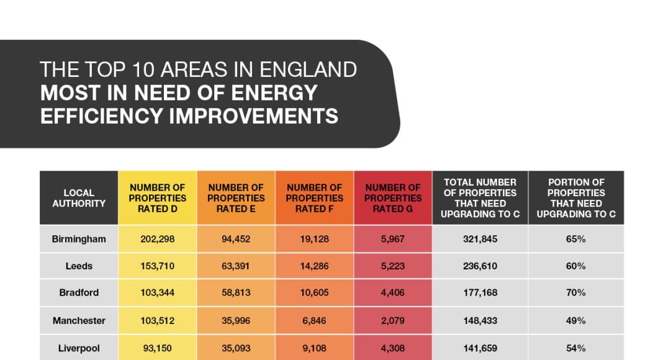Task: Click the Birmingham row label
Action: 79,239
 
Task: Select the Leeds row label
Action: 79,266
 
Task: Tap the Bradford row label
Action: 79,292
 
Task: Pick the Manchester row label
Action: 79,321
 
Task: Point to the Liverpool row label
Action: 79,348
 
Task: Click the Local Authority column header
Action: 79,198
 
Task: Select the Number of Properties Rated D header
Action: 157,198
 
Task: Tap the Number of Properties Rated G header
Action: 392,198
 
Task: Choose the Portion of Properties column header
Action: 576,198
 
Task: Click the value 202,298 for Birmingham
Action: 157,239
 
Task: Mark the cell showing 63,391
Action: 236,266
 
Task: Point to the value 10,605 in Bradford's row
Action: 314,292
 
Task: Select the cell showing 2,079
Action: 392,321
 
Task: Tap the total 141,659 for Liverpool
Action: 480,348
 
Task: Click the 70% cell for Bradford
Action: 576,292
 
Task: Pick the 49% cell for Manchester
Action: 576,321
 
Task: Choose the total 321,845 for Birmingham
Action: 480,239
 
